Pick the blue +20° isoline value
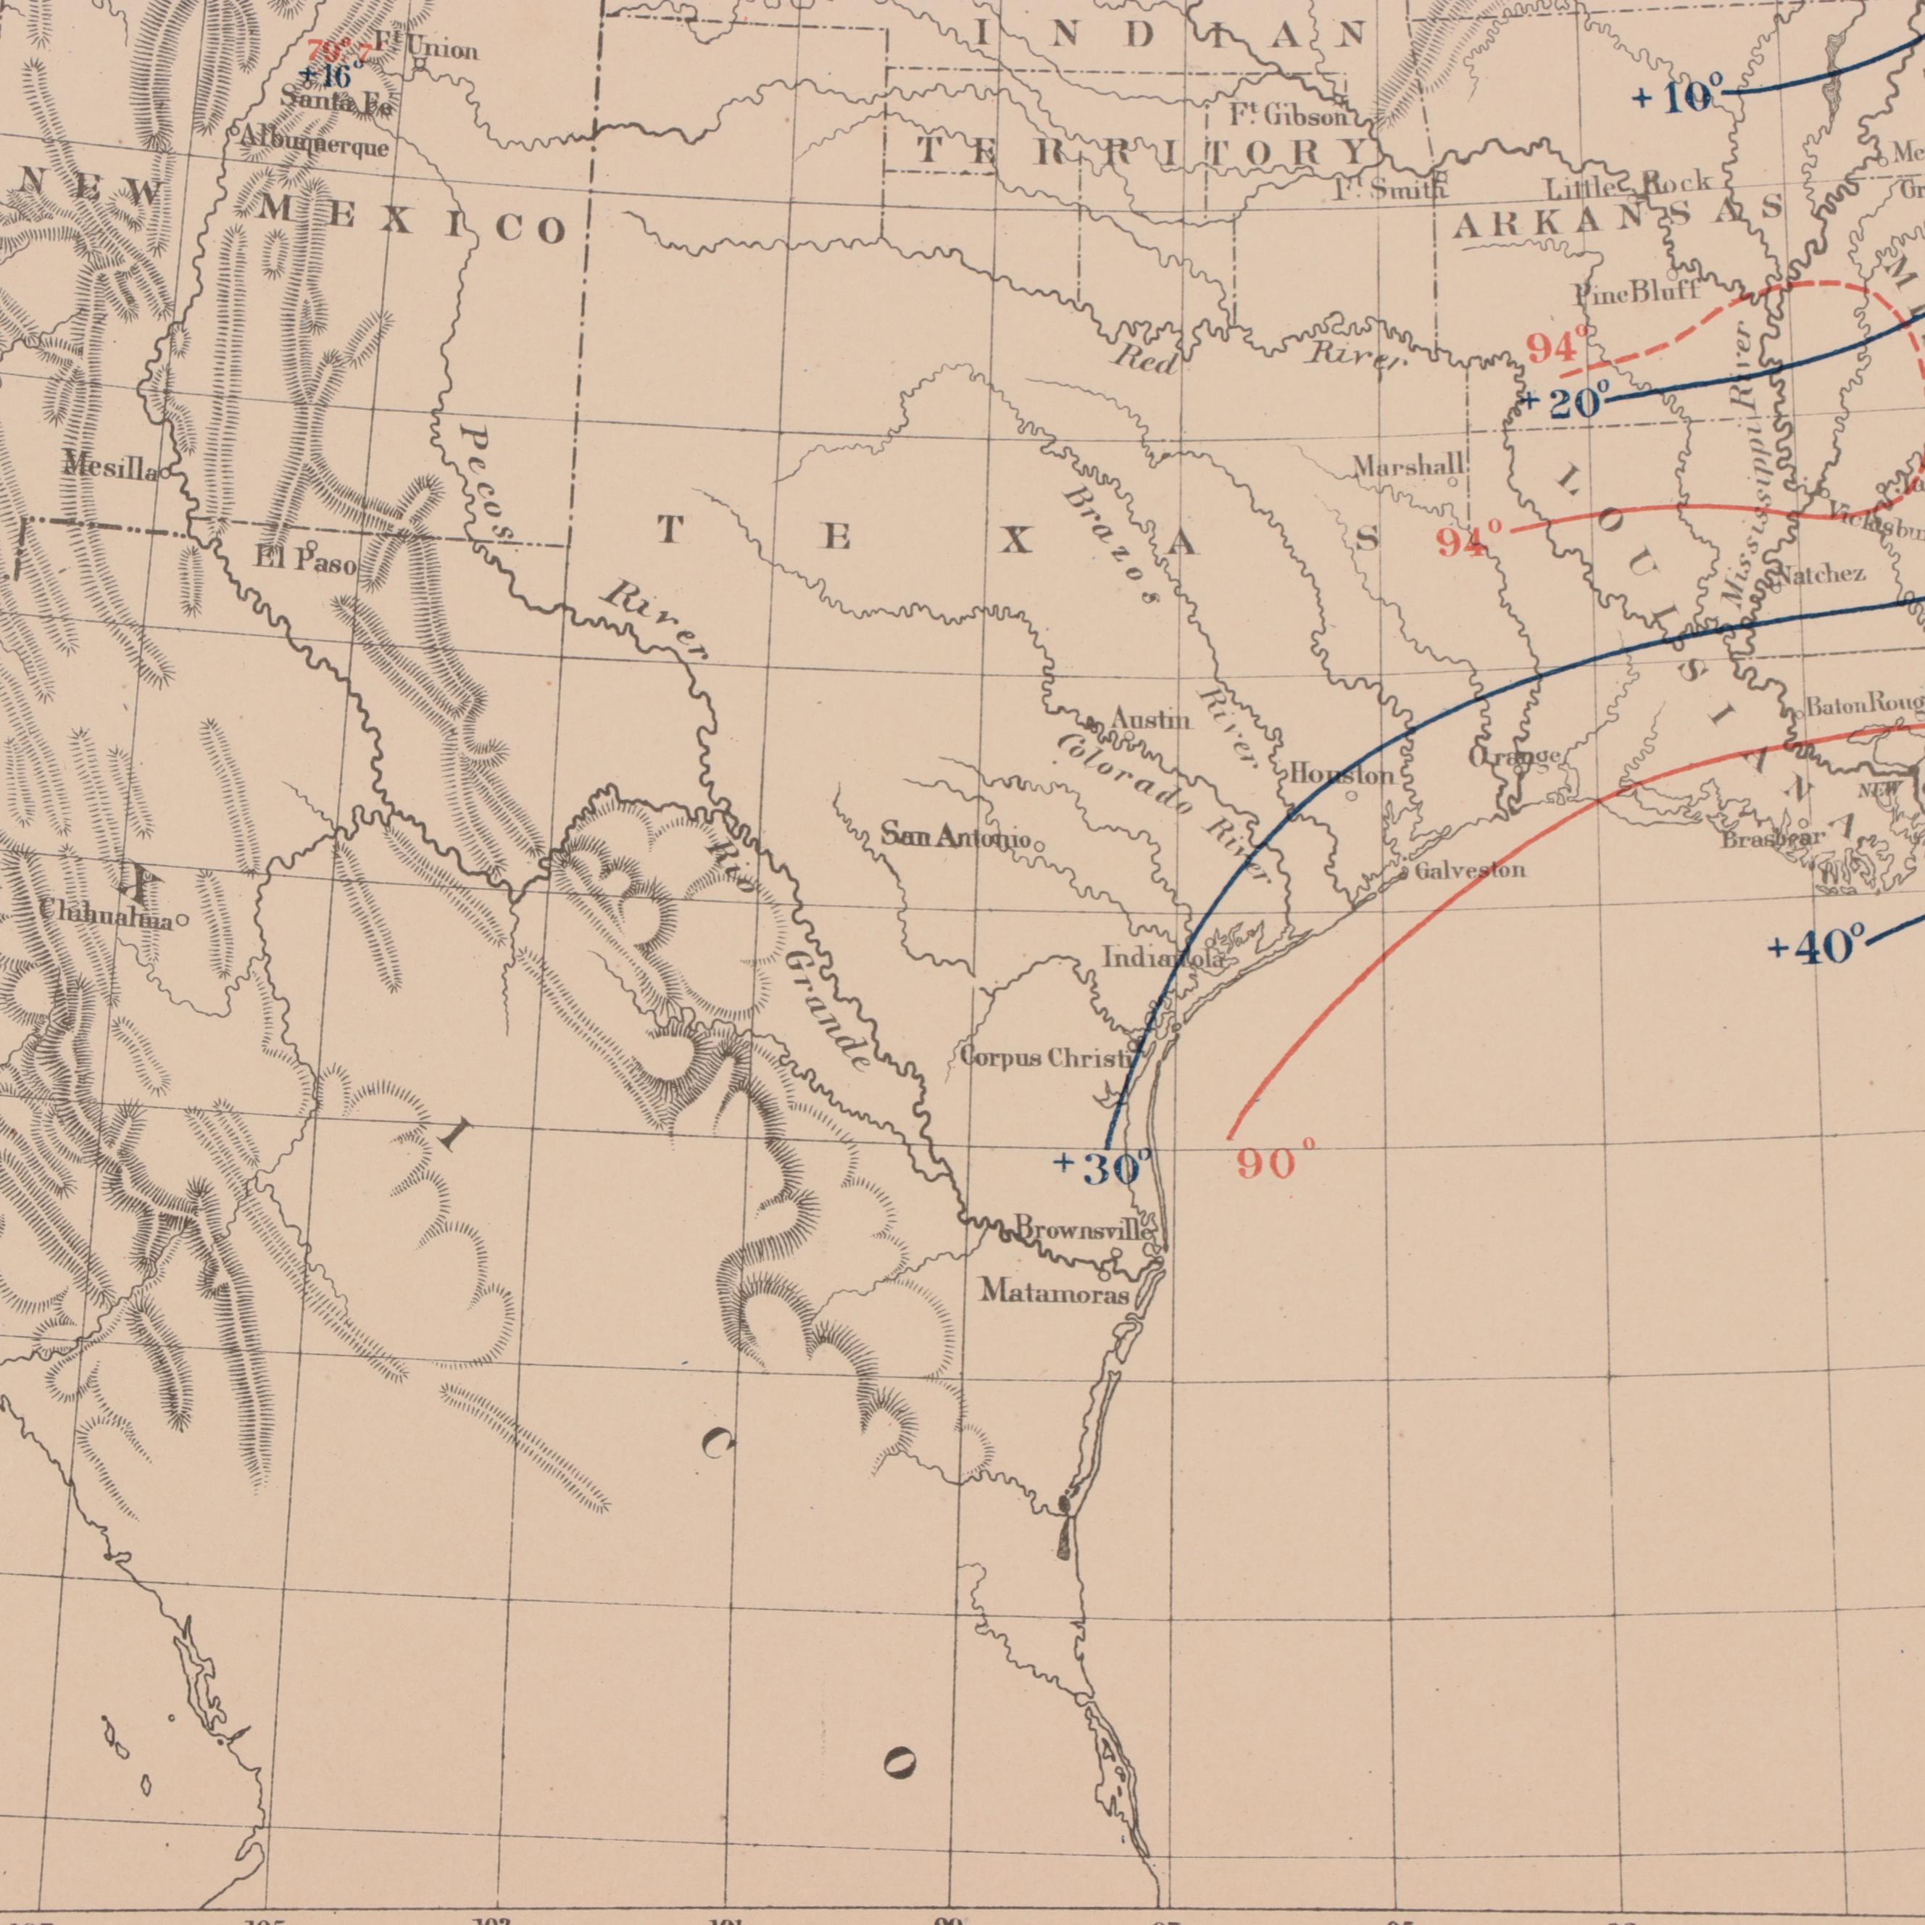[1561, 402]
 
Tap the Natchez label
[1821, 574]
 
